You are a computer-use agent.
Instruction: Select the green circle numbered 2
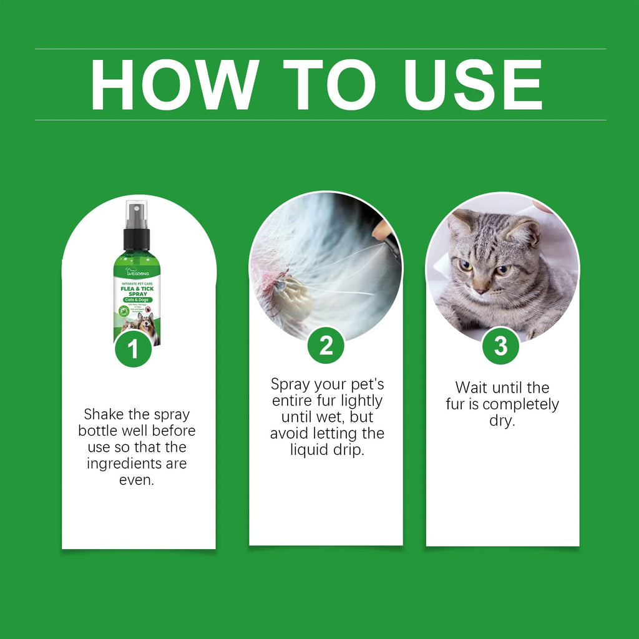326,345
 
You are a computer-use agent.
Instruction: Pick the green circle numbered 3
501,346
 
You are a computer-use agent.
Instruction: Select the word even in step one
136,480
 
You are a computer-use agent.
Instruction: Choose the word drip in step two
348,450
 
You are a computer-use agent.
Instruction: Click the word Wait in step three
472,388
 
